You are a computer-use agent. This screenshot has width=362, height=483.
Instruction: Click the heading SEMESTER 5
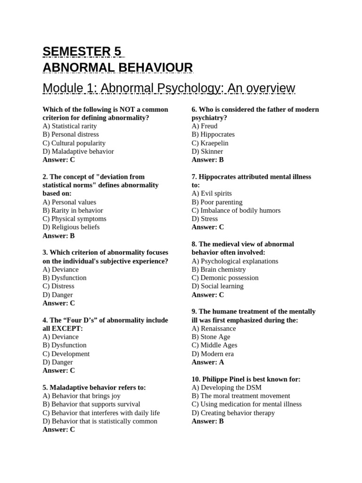click(x=82, y=51)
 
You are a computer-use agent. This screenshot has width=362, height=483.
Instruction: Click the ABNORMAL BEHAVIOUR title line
click(x=117, y=67)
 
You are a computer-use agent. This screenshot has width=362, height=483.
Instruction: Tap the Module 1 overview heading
click(x=169, y=88)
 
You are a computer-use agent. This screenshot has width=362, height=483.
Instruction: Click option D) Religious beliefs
click(x=71, y=227)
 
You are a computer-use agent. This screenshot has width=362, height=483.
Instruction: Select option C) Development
click(x=66, y=354)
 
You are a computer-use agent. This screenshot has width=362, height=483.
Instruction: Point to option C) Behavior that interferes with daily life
click(x=101, y=413)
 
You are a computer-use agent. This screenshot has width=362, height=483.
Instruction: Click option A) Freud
click(x=205, y=126)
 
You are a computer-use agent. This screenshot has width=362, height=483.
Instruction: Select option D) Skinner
click(x=207, y=151)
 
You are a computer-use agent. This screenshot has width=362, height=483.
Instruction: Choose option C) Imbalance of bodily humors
click(x=236, y=210)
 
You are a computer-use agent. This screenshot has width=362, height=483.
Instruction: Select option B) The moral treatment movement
click(x=241, y=396)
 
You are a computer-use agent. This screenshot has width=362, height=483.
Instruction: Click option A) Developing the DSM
click(x=227, y=387)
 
